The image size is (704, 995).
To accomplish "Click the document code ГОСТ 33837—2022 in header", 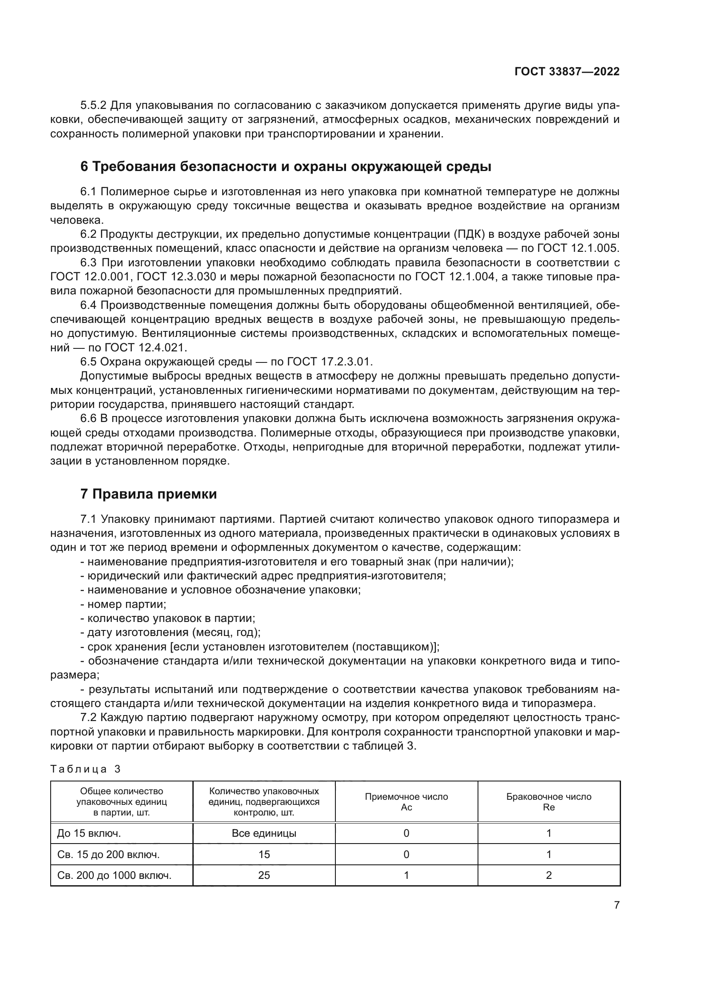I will [567, 71].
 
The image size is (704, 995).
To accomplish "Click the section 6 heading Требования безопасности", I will [286, 166].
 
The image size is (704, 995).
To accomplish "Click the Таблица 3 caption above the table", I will [86, 769].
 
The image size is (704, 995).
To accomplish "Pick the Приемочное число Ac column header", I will [406, 802].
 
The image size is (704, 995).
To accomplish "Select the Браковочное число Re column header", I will [548, 802].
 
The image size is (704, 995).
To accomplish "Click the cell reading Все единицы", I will [263, 833].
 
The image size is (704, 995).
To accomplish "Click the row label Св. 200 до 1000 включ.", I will [114, 875].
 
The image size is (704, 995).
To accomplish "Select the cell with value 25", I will [263, 875].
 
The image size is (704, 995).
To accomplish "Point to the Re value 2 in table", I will [548, 875].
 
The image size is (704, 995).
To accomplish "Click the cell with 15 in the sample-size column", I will [263, 854].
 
